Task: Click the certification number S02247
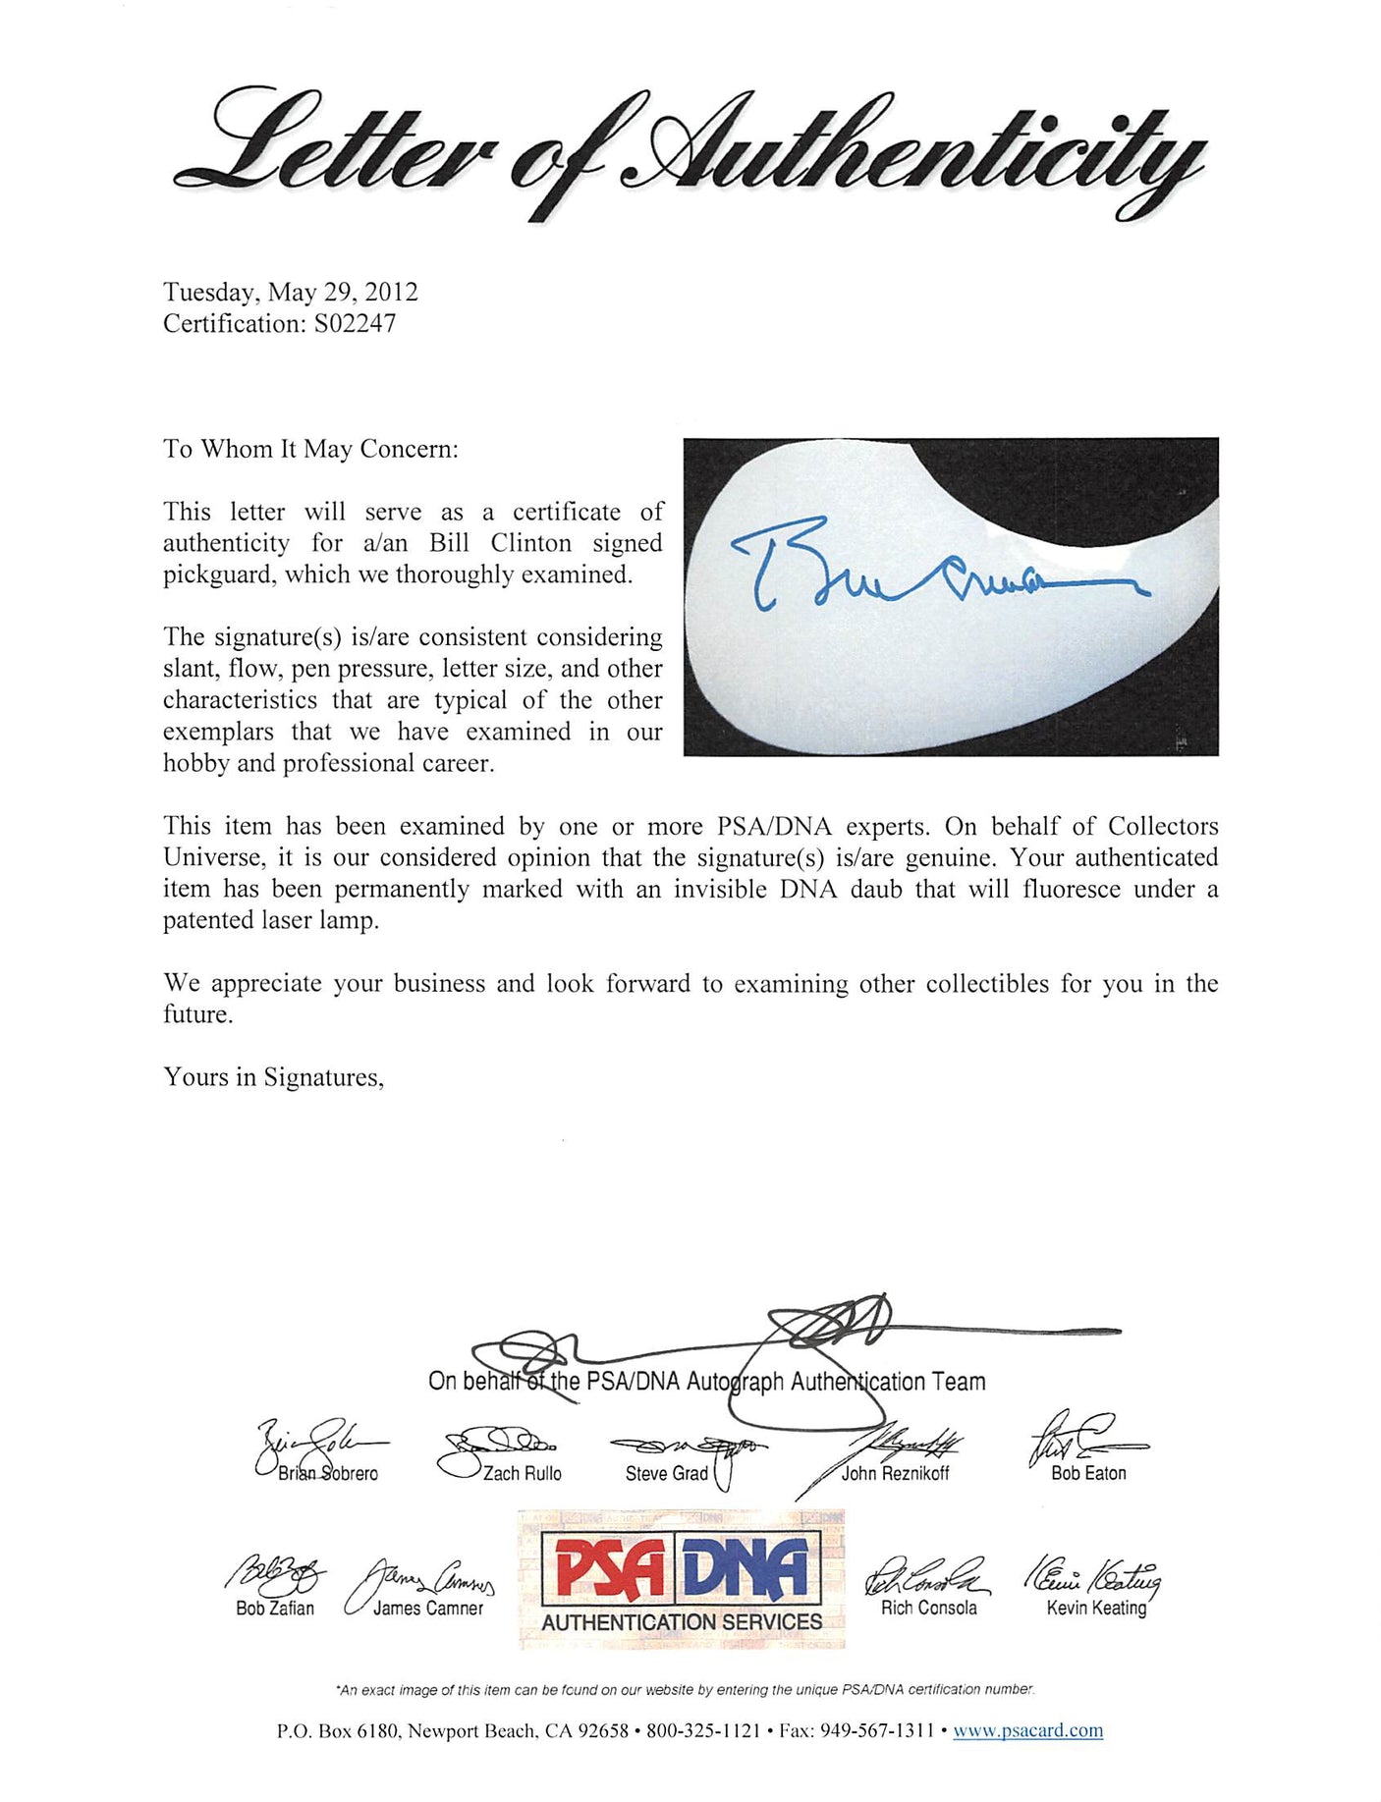355,324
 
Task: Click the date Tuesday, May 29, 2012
291,293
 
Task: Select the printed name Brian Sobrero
327,1473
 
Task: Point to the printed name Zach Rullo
522,1473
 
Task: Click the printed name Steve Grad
666,1473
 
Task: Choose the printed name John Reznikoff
895,1473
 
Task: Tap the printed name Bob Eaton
1088,1473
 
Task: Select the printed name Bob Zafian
275,1608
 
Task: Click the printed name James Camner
428,1608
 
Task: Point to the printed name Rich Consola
928,1608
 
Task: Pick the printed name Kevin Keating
1096,1608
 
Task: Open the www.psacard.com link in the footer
1027,1730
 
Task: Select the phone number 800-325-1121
703,1730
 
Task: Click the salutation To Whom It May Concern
310,450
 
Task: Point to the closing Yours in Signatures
273,1078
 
